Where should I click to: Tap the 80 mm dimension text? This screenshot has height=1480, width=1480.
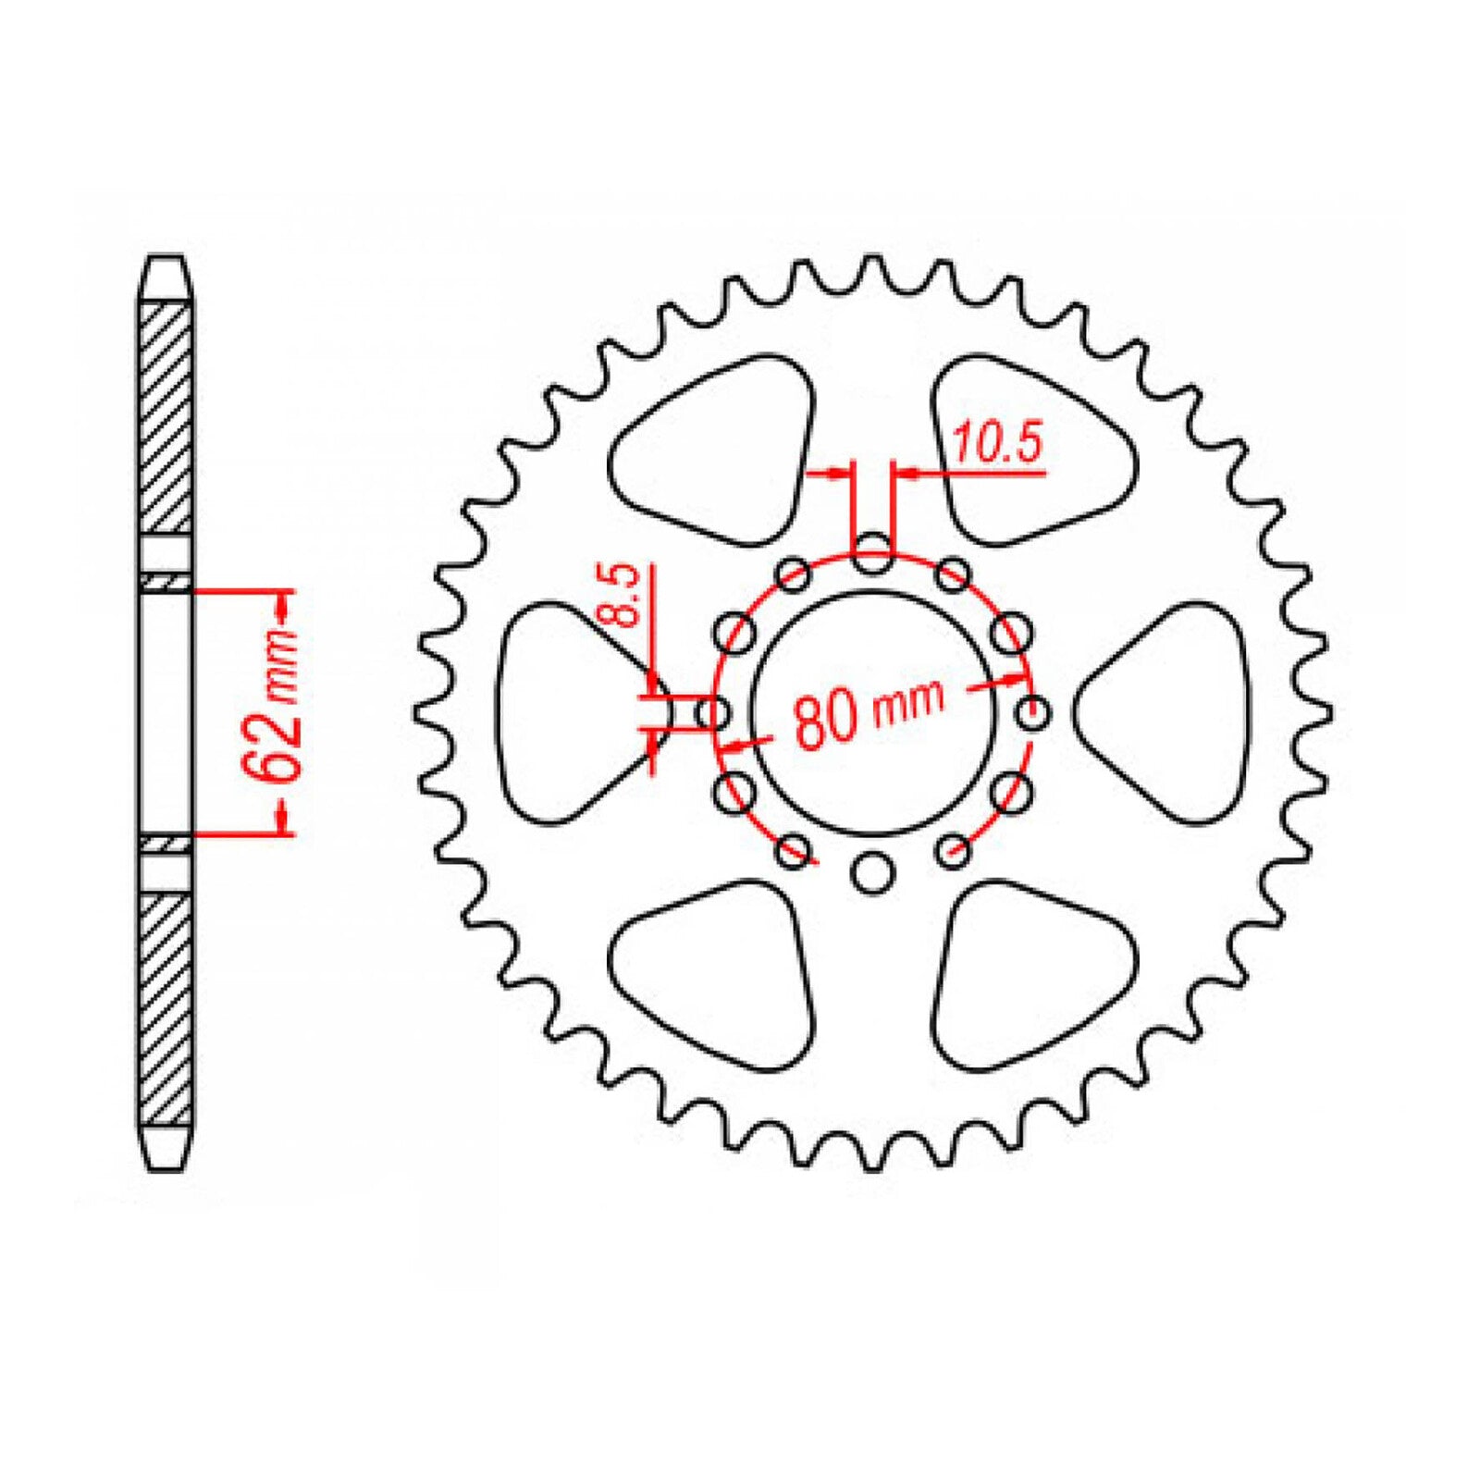tap(869, 713)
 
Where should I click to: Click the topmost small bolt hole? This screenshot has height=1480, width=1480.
tap(871, 559)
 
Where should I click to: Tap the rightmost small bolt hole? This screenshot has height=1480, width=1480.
tap(1032, 713)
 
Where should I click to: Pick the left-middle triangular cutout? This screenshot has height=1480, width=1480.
tap(569, 712)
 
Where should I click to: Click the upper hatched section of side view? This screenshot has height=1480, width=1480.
tap(167, 416)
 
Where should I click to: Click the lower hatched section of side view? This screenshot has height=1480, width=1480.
tap(167, 1008)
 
